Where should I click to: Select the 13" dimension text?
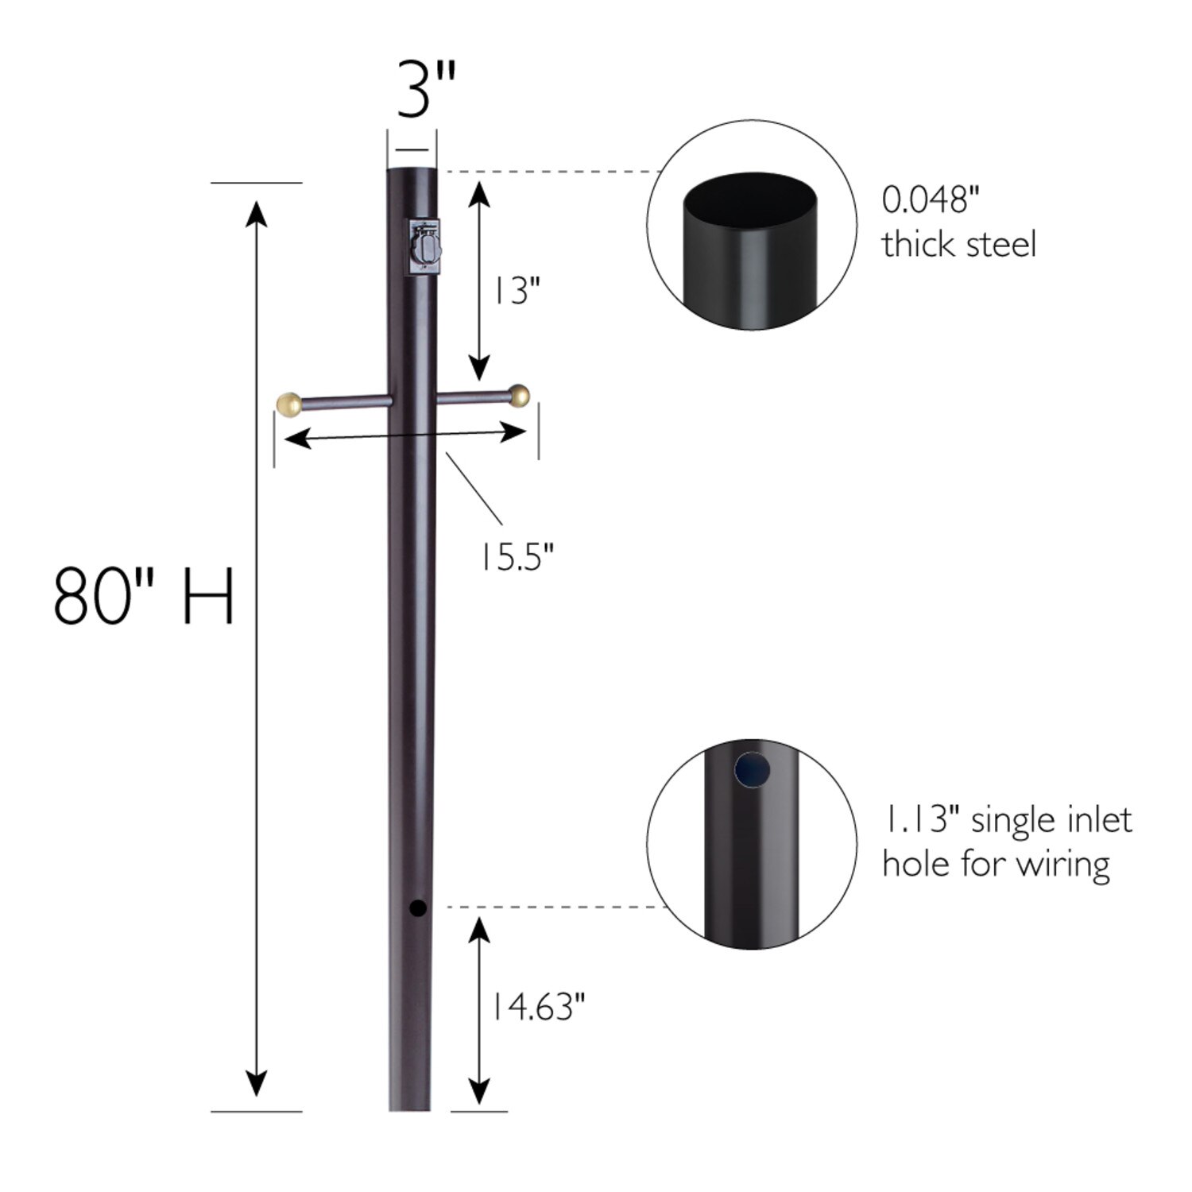click(515, 292)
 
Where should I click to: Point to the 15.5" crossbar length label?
click(514, 557)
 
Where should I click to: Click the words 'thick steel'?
click(958, 244)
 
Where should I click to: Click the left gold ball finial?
click(288, 404)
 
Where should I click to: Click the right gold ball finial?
click(519, 395)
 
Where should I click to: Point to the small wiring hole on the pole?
click(417, 908)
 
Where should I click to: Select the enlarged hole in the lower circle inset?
click(753, 769)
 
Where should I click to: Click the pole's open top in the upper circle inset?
click(752, 198)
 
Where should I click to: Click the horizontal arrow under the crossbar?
click(404, 435)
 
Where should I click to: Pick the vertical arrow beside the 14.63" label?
click(478, 1010)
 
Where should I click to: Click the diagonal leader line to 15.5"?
click(474, 488)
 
